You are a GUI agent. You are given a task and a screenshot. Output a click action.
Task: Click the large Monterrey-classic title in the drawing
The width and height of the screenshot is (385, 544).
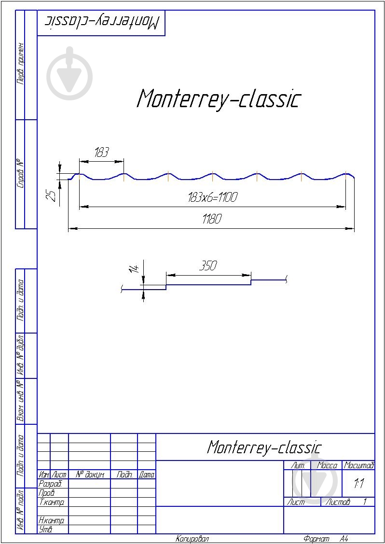pyautogui.click(x=219, y=99)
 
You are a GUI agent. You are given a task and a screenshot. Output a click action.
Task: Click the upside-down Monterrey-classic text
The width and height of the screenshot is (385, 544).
pyautogui.click(x=102, y=22)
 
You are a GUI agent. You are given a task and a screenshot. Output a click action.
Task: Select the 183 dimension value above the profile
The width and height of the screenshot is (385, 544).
pyautogui.click(x=101, y=153)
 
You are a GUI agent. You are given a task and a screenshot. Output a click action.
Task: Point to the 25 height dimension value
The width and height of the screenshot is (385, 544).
pyautogui.click(x=52, y=195)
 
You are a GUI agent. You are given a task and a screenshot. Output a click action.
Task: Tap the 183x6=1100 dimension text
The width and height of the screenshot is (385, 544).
pyautogui.click(x=212, y=197)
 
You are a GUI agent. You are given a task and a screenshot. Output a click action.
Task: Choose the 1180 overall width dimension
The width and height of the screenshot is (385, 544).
pyautogui.click(x=211, y=220)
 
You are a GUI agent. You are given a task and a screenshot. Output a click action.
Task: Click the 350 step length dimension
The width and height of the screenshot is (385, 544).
pyautogui.click(x=208, y=265)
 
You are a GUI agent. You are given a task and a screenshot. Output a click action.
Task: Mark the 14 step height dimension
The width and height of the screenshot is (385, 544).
pyautogui.click(x=135, y=268)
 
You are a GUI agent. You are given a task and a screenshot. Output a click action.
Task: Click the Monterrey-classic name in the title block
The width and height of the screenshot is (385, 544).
pyautogui.click(x=264, y=447)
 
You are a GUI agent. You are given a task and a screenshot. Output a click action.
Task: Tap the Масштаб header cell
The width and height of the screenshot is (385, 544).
pyautogui.click(x=358, y=466)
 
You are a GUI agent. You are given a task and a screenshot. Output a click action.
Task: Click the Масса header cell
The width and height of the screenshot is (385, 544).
pyautogui.click(x=327, y=466)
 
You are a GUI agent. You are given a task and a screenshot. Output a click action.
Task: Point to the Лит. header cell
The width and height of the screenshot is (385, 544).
pyautogui.click(x=298, y=466)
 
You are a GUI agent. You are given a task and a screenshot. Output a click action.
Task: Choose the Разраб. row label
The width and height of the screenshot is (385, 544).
pyautogui.click(x=50, y=484)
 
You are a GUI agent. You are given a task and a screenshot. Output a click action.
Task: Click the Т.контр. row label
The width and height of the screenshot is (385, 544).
pyautogui.click(x=51, y=502)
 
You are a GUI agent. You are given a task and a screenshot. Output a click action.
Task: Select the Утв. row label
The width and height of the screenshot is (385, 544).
pyautogui.click(x=45, y=530)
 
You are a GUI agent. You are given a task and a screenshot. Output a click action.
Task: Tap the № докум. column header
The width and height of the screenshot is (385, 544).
pyautogui.click(x=90, y=475)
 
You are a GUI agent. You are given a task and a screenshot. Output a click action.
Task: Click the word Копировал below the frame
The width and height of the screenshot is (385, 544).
pyautogui.click(x=192, y=539)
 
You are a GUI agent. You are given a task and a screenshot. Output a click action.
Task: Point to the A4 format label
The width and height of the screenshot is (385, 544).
pyautogui.click(x=344, y=539)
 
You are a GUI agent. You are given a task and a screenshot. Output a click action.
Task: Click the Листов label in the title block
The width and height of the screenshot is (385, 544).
pyautogui.click(x=338, y=502)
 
